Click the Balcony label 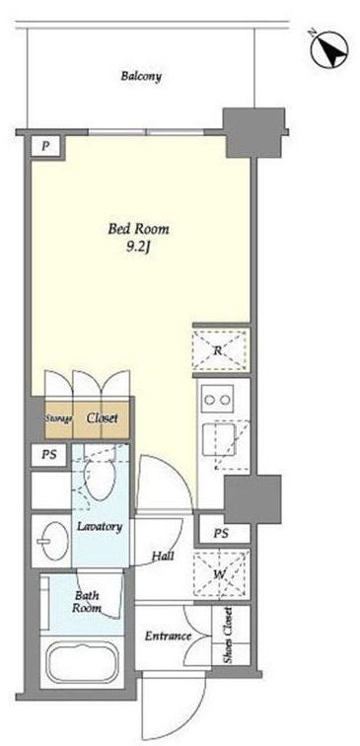tap(141, 76)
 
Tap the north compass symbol tap(330, 49)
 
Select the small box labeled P tap(45, 146)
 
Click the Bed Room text tap(138, 229)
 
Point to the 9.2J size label tap(139, 249)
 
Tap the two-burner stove tap(217, 399)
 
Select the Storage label tap(58, 419)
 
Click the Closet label tap(102, 418)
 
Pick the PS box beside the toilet tap(49, 455)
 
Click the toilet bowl tap(100, 480)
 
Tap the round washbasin tap(52, 540)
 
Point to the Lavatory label tap(100, 527)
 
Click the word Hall tap(163, 556)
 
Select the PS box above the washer tap(221, 534)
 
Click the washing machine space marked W tap(220, 574)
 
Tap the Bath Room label tap(87, 601)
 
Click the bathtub tap(82, 662)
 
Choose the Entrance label tap(168, 636)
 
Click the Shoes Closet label tap(228, 635)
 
